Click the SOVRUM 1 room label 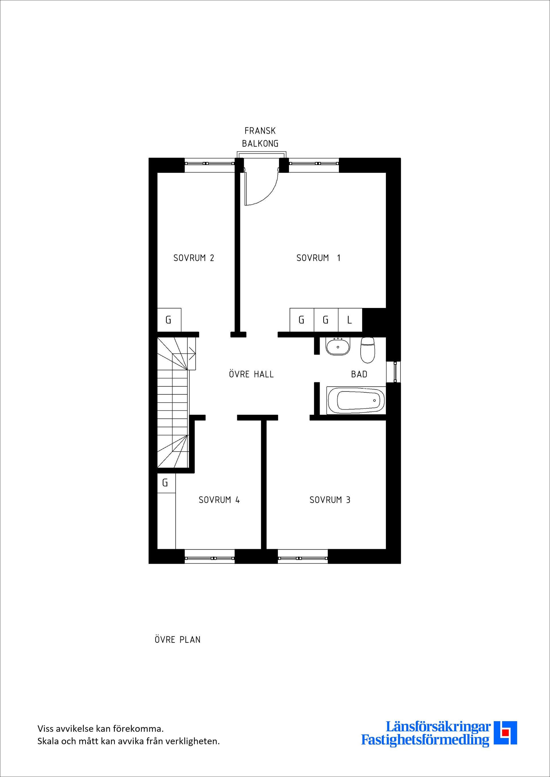coord(318,258)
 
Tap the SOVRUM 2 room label coord(194,258)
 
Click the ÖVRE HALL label coord(251,374)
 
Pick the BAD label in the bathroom coord(359,374)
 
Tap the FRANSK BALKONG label coord(260,137)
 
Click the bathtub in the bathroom coord(355,400)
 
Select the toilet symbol coord(368,350)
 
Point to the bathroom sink coord(338,346)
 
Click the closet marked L coord(350,320)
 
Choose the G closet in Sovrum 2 coord(169,320)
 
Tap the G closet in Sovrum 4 coord(166,483)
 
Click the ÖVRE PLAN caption coord(178,640)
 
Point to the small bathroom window coord(394,372)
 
